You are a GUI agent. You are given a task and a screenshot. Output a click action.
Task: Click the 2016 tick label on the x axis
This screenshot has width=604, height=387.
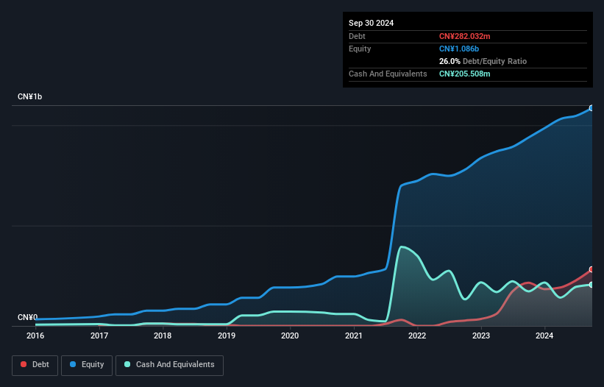(35, 335)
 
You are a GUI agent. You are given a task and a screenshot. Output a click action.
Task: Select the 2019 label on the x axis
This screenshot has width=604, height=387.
(227, 335)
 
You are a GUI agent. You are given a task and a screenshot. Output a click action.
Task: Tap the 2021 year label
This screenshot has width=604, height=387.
(354, 335)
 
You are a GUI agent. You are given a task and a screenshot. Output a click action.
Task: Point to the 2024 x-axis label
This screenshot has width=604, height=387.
(544, 335)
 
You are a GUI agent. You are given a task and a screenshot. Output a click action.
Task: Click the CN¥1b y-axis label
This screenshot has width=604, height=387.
(30, 97)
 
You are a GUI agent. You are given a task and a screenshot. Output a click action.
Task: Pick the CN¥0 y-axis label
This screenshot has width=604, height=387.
(27, 317)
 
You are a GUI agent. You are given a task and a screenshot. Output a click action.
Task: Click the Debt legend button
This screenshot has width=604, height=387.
(35, 364)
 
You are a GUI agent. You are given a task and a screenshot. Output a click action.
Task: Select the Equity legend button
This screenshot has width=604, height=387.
(87, 364)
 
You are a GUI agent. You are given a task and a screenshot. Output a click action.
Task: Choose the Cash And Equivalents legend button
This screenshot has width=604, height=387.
(169, 364)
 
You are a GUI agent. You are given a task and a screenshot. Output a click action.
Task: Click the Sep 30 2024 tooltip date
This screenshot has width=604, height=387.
(372, 23)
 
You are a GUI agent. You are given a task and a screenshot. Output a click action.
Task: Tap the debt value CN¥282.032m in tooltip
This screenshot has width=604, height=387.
(464, 36)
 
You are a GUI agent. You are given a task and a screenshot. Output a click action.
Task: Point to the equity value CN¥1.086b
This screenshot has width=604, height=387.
(460, 49)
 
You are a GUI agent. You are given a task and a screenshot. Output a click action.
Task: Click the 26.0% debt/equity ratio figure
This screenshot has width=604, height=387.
(450, 61)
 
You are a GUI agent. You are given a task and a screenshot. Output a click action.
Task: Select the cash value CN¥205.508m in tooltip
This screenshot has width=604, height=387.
(464, 74)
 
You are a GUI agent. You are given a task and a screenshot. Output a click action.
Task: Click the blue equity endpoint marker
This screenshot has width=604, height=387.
(591, 108)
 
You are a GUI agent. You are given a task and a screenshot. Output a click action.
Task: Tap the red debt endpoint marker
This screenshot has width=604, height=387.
(591, 269)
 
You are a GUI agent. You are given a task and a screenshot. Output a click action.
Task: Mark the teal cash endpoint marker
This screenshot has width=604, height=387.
(591, 285)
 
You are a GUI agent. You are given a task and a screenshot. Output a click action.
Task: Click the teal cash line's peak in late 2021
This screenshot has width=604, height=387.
(402, 246)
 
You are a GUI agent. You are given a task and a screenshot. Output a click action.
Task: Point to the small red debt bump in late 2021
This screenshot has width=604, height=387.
(401, 319)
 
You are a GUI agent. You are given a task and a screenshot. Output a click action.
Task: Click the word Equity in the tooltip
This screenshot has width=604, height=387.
(360, 49)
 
